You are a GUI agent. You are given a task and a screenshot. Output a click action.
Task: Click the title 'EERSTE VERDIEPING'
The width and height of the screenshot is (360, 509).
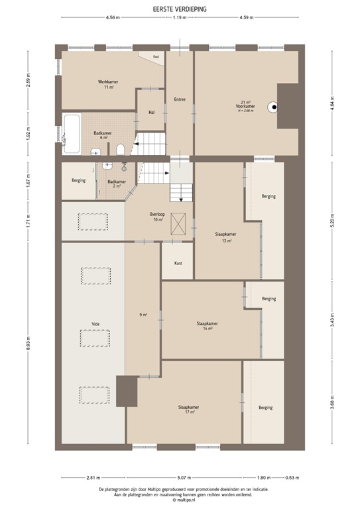(x=180, y=8)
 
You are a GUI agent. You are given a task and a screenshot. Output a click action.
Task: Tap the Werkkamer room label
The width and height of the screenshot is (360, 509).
(x=103, y=84)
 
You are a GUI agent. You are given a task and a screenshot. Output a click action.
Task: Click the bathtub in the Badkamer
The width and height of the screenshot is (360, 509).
(x=72, y=127)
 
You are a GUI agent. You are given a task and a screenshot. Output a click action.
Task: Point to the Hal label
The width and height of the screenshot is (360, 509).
(x=151, y=112)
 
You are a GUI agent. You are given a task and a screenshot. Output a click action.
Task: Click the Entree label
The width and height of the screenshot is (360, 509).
(x=179, y=99)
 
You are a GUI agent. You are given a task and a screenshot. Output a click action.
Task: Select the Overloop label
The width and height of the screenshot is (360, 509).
(x=156, y=217)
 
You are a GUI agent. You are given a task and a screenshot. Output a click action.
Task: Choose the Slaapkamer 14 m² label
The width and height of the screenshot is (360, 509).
(x=208, y=325)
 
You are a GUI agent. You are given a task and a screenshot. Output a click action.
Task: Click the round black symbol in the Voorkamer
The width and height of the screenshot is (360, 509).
(x=272, y=108)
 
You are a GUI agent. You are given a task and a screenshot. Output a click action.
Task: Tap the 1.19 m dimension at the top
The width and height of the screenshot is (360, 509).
(x=178, y=18)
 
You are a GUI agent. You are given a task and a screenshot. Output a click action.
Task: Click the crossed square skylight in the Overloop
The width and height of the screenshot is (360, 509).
(x=177, y=223)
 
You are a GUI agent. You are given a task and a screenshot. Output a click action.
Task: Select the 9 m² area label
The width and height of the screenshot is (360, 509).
(x=143, y=314)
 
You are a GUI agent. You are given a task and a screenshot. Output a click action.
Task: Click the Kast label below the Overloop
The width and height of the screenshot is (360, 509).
(x=178, y=263)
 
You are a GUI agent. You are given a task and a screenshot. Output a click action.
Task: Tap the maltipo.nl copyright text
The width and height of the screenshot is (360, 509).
(x=179, y=500)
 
